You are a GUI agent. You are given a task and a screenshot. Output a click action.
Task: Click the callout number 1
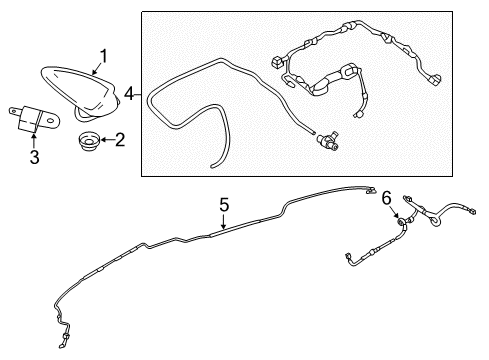coord(104,56)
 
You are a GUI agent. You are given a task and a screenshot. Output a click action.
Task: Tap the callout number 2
coord(120,140)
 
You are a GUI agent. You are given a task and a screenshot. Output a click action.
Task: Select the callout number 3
coord(34,157)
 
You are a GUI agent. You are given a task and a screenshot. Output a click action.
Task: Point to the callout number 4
coord(129,94)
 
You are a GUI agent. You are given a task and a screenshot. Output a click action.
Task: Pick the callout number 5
coord(224,205)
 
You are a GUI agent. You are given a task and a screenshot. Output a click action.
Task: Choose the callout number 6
coord(386,199)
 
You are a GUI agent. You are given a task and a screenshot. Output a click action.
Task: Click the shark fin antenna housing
coord(80,92)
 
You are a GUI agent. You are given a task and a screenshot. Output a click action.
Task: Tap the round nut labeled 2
coord(89,142)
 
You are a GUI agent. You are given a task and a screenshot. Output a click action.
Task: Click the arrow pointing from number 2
coord(107,140)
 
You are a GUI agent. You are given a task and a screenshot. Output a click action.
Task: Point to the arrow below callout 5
coord(224,221)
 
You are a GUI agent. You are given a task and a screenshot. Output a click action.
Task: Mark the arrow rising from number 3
coord(34,141)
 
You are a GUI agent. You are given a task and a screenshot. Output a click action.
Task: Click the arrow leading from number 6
coord(395,213)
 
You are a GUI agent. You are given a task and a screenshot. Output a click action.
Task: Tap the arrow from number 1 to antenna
coord(96,69)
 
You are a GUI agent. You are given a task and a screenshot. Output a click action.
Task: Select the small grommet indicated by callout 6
coord(401,222)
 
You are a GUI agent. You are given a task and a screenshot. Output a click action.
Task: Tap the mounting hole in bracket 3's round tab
coord(51,120)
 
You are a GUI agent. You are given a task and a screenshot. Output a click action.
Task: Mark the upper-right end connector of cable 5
coord(370,190)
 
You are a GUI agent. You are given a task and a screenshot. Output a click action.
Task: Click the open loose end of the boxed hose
coord(213,166)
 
